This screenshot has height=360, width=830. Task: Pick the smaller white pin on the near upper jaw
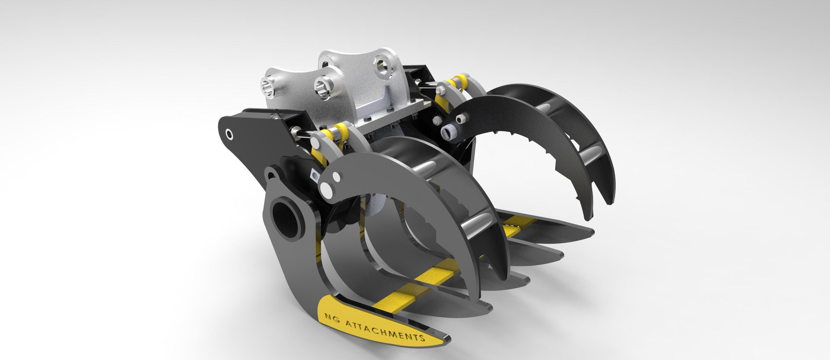pyautogui.click(x=336, y=177)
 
